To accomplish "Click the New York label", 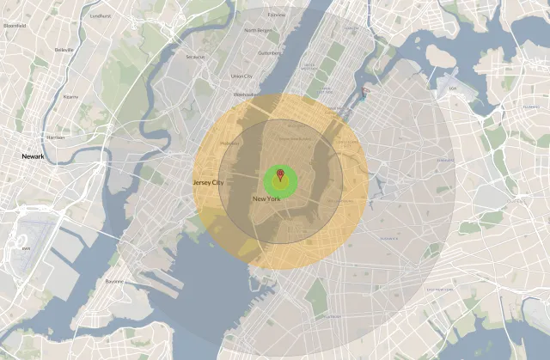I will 266,198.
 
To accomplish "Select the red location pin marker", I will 279,175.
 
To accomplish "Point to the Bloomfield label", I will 15,26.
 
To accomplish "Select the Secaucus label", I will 195,57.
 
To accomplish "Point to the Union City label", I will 242,76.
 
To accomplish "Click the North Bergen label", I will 257,30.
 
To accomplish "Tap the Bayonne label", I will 114,281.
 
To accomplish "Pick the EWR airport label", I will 27,249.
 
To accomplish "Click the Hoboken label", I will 229,143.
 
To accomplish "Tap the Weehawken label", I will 244,94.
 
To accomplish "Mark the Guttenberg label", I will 270,52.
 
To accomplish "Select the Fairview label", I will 277,15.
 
